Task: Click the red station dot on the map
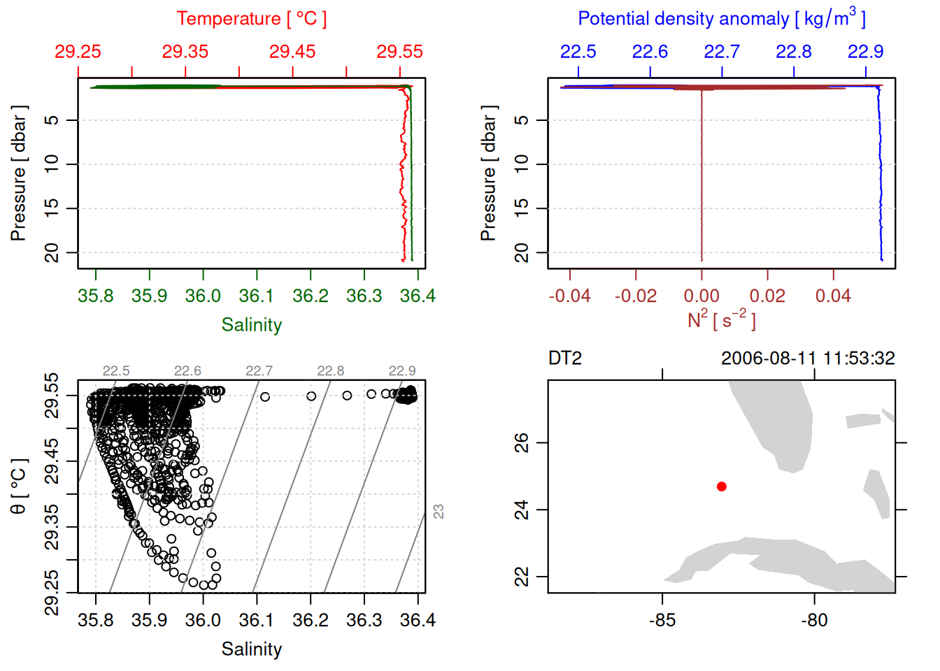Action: pyautogui.click(x=722, y=486)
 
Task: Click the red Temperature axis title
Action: pyautogui.click(x=251, y=19)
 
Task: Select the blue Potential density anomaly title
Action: pyautogui.click(x=721, y=19)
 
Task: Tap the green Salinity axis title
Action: pyautogui.click(x=251, y=325)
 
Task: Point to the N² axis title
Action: pyautogui.click(x=721, y=320)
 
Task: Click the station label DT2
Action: pyautogui.click(x=565, y=359)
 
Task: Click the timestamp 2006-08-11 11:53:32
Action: pyautogui.click(x=808, y=359)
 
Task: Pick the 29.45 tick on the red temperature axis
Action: pyautogui.click(x=292, y=52)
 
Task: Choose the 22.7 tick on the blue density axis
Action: pyautogui.click(x=722, y=52)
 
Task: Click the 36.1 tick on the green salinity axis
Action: pyautogui.click(x=257, y=296)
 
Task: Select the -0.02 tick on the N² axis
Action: pyautogui.click(x=636, y=296)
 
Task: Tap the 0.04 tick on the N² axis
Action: pyautogui.click(x=833, y=296)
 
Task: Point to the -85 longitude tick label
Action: pyautogui.click(x=662, y=621)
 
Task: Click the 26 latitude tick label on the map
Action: pyautogui.click(x=522, y=442)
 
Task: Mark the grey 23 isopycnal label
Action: pyautogui.click(x=439, y=512)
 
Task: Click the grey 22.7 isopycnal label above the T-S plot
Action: pyautogui.click(x=259, y=371)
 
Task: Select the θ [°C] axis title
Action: pyautogui.click(x=19, y=486)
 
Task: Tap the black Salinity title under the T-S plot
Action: pyautogui.click(x=251, y=649)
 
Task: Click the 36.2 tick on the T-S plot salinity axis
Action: pyautogui.click(x=311, y=621)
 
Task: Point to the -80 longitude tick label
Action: pyautogui.click(x=814, y=621)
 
